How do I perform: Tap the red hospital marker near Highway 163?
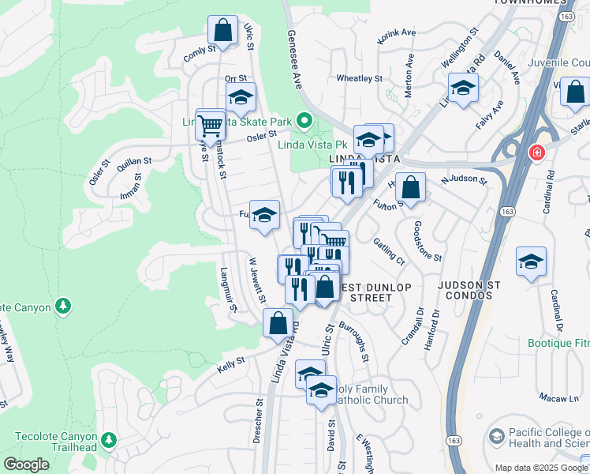click(x=537, y=152)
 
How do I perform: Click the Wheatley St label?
click(x=359, y=79)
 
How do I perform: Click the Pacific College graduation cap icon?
click(x=496, y=436)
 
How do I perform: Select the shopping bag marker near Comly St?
click(x=223, y=30)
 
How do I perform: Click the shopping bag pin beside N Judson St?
click(x=410, y=187)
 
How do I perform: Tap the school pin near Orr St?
click(x=241, y=97)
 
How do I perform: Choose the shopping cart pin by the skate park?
click(x=210, y=124)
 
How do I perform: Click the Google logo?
click(x=26, y=465)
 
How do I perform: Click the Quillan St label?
click(x=134, y=161)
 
